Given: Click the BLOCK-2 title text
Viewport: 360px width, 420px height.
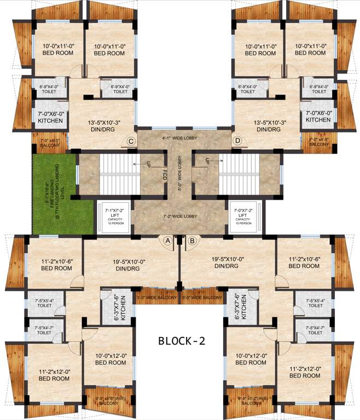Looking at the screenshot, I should [181, 341].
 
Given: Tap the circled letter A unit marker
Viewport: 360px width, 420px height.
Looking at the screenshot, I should [168, 240].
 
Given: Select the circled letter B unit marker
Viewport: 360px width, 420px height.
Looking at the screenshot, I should [191, 240].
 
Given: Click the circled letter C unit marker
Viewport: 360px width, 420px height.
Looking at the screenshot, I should [131, 141].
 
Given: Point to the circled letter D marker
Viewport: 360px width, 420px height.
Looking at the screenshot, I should [237, 141].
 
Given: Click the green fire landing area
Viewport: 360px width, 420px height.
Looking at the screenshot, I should [55, 194].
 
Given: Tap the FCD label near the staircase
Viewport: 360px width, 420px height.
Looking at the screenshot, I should [164, 174].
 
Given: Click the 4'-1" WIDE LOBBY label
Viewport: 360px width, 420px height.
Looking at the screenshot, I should [180, 138].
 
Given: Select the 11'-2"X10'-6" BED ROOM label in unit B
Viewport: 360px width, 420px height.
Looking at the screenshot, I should [304, 262].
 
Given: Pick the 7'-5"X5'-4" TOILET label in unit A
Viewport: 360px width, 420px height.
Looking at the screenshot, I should [44, 304].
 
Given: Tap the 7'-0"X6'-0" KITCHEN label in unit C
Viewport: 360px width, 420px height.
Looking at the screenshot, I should [50, 116].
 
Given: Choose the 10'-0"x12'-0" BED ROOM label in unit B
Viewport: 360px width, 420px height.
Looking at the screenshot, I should [249, 359].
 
